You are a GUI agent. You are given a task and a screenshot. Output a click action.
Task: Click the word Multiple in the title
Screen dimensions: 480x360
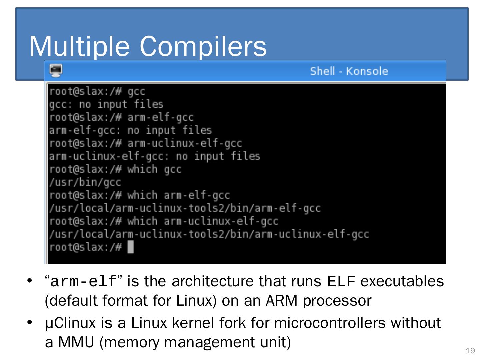(x=79, y=46)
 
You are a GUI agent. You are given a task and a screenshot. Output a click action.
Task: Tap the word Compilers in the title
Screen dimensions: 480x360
(x=203, y=46)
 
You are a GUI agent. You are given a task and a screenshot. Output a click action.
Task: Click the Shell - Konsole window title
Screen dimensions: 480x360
(x=349, y=71)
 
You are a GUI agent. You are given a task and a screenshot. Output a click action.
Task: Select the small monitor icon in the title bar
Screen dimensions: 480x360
(x=56, y=71)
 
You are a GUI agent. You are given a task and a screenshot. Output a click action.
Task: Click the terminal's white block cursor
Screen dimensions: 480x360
(x=131, y=247)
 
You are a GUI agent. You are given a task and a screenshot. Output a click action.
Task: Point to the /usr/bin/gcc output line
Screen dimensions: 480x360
(x=85, y=182)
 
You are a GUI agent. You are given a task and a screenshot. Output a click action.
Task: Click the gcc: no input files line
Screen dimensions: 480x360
(x=106, y=104)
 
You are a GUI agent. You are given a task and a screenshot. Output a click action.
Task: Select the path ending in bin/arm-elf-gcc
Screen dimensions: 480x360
(x=184, y=208)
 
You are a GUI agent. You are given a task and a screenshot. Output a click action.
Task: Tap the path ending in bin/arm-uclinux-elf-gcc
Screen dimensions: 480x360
(x=209, y=234)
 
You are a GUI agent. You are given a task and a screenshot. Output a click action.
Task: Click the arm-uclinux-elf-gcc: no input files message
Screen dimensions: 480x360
(x=154, y=156)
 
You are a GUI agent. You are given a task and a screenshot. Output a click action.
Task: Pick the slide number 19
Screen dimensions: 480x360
(x=470, y=351)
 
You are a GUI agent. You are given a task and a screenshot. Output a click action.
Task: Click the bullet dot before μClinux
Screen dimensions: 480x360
(x=30, y=322)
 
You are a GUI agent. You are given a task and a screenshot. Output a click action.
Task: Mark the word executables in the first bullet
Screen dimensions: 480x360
(x=402, y=282)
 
